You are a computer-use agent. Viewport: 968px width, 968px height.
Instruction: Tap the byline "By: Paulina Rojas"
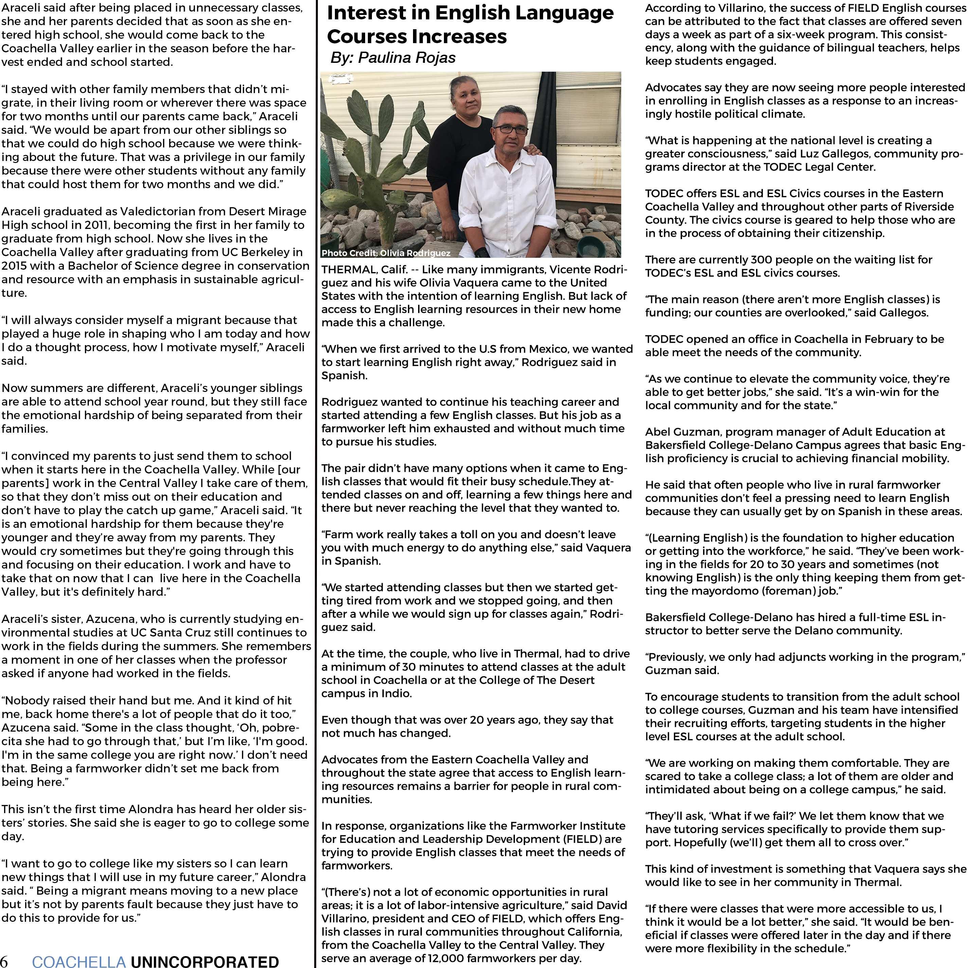coord(393,58)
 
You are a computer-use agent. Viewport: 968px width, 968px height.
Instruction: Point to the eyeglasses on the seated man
coord(510,129)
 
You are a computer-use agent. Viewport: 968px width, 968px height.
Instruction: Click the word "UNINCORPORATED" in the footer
coord(204,961)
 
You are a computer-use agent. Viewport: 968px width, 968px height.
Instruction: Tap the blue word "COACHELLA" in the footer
coord(79,961)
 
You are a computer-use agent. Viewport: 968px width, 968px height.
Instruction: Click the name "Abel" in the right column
coord(657,432)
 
